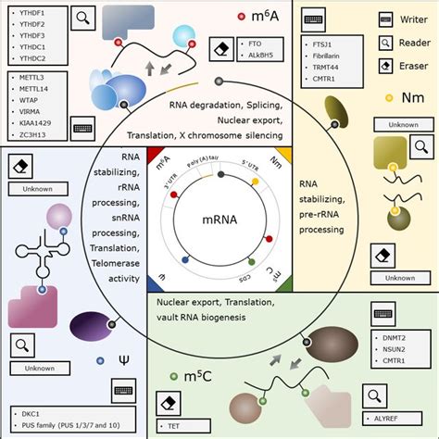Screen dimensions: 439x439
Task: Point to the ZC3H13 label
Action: (29, 133)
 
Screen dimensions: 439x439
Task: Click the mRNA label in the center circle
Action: (219, 221)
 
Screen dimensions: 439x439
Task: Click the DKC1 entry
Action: (26, 412)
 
